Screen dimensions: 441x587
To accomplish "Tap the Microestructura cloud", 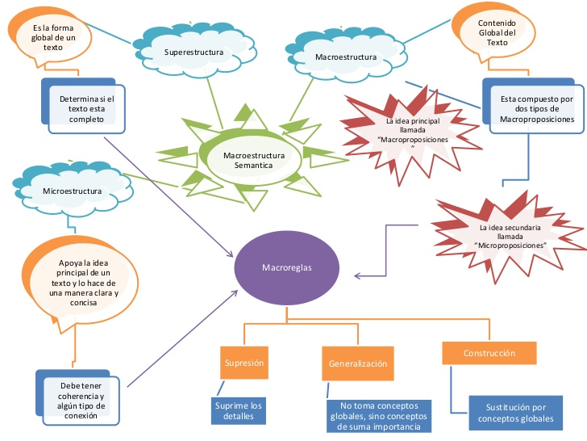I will [72, 191].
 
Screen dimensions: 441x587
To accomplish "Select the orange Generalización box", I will [357, 363].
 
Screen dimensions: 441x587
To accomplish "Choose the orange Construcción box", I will [489, 353].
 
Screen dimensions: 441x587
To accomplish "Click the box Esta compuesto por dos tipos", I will [535, 108].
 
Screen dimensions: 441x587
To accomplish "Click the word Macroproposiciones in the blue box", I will [536, 119].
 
